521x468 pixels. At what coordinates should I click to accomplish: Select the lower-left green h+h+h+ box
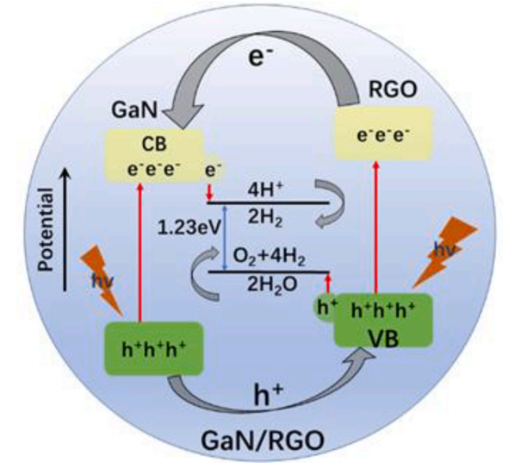(152, 348)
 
